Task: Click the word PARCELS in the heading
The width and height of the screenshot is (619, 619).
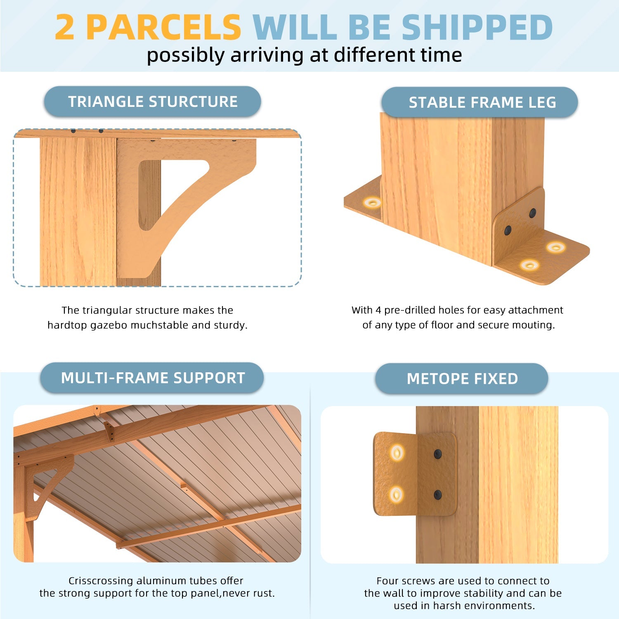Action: [x=164, y=28]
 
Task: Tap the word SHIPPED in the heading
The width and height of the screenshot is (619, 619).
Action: [x=477, y=28]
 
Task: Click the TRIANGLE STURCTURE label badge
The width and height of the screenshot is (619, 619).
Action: [x=153, y=102]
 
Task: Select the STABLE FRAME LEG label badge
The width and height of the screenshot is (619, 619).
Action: [x=480, y=102]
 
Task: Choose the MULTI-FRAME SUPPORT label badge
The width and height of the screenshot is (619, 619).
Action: [x=152, y=378]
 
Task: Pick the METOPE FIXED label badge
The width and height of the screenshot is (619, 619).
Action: [x=462, y=379]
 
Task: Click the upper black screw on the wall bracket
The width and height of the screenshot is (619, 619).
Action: [x=438, y=454]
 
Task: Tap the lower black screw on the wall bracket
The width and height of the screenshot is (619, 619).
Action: [x=438, y=494]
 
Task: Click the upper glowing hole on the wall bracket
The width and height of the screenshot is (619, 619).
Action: [x=397, y=452]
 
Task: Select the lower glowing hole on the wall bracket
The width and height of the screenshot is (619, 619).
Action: [x=397, y=494]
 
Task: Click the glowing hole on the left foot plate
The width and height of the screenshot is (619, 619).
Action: [x=373, y=202]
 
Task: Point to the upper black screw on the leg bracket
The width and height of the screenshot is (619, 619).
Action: [x=533, y=213]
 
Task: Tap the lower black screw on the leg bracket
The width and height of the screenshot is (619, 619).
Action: [x=508, y=230]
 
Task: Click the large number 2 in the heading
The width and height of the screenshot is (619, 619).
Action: [x=65, y=28]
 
